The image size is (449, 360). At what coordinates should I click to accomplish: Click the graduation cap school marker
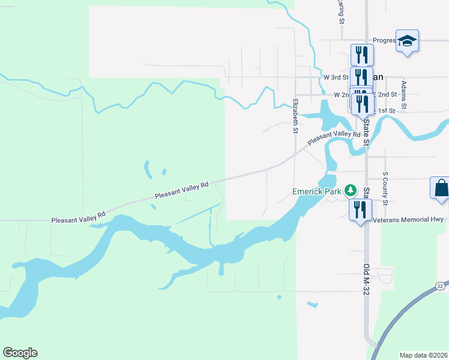pyautogui.click(x=407, y=41)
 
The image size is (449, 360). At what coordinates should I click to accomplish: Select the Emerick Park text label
pyautogui.click(x=316, y=191)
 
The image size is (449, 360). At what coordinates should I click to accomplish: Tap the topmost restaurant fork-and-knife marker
pyautogui.click(x=361, y=55)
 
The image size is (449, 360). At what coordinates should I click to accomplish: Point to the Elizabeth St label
pyautogui.click(x=295, y=116)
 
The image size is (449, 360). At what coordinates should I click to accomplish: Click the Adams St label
pyautogui.click(x=404, y=95)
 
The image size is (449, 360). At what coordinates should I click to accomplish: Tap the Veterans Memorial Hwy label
pyautogui.click(x=408, y=220)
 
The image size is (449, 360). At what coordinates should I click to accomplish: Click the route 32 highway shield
pyautogui.click(x=440, y=286)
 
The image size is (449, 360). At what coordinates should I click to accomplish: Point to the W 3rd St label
pyautogui.click(x=336, y=77)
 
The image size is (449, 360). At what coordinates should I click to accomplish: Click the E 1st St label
pyautogui.click(x=384, y=111)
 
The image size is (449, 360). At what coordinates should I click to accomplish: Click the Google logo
pyautogui.click(x=20, y=353)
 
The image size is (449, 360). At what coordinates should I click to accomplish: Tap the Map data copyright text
pyautogui.click(x=424, y=355)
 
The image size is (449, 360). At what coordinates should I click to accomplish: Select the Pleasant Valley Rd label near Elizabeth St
pyautogui.click(x=334, y=138)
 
